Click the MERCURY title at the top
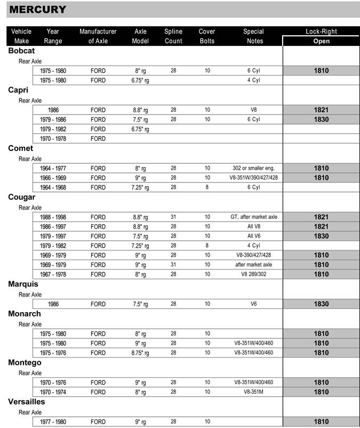coord(38,9)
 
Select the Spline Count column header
coord(173,36)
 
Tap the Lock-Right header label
coord(321,31)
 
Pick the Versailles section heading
coord(27,402)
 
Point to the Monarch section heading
coord(25,314)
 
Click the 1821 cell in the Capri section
coord(321,110)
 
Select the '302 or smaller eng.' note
coord(253,168)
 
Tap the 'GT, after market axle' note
coord(253,217)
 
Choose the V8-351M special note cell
coord(253,392)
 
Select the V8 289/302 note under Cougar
coord(253,274)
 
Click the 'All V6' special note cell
coord(253,236)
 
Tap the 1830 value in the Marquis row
coord(321,304)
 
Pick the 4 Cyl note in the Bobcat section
coord(253,80)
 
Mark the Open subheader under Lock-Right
coord(321,41)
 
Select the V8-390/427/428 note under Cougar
coord(253,255)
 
